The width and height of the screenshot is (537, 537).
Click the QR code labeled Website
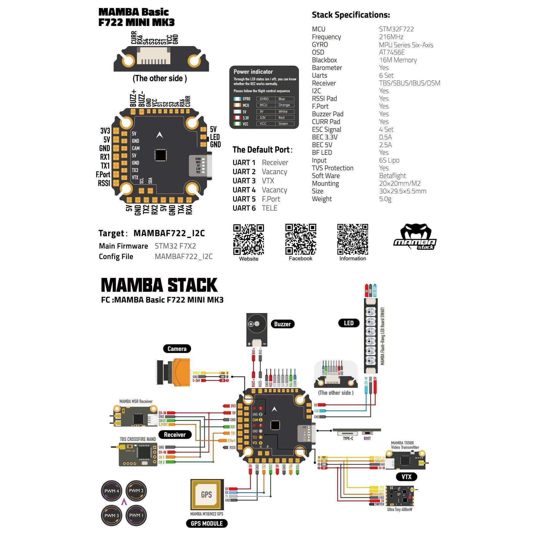click(x=248, y=239)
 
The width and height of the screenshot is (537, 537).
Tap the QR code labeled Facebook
click(x=301, y=239)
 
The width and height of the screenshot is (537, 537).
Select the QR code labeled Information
click(x=352, y=239)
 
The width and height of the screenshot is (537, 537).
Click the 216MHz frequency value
click(x=391, y=37)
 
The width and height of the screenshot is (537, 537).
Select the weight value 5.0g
click(x=385, y=199)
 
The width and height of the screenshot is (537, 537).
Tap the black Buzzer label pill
click(x=282, y=324)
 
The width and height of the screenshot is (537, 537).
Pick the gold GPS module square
click(x=206, y=495)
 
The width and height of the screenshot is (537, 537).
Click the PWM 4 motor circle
click(x=112, y=491)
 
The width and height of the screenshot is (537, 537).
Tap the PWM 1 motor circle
click(x=136, y=515)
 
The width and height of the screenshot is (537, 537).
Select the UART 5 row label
click(x=244, y=199)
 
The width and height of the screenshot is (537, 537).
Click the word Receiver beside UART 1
click(x=275, y=163)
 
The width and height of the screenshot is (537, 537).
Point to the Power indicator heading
click(x=253, y=72)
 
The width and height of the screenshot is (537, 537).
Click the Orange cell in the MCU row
click(x=284, y=105)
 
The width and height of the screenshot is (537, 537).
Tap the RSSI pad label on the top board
click(x=104, y=183)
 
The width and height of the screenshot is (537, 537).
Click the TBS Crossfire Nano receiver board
click(x=138, y=454)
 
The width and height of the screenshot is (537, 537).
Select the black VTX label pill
click(x=406, y=477)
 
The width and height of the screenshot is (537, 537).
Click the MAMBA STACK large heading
click(x=159, y=285)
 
